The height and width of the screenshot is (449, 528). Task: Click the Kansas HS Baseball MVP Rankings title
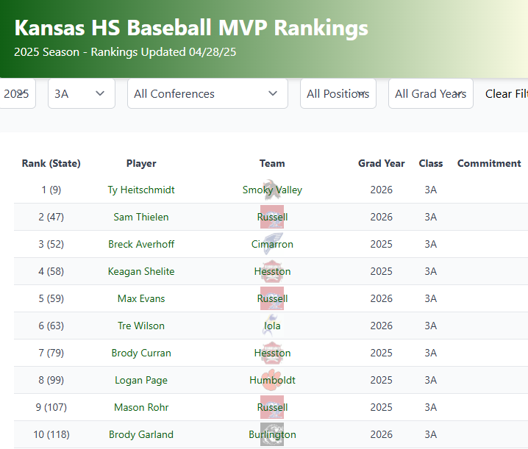pos(191,28)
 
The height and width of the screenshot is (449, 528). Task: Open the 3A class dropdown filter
pos(81,94)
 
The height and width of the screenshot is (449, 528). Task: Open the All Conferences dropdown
pos(207,94)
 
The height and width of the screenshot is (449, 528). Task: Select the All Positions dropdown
pos(338,94)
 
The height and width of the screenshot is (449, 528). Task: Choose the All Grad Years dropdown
pos(430,94)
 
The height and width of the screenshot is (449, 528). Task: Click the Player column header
pos(141,163)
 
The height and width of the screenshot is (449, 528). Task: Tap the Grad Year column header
pos(382,163)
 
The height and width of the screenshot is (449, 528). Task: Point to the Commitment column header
pos(489,163)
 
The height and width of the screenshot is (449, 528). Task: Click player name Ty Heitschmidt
pos(141,190)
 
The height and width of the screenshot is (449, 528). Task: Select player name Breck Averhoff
pos(141,244)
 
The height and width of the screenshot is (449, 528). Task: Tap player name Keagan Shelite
pos(141,271)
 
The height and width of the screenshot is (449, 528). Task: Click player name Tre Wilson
pos(141,326)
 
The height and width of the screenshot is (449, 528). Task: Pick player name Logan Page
pos(141,380)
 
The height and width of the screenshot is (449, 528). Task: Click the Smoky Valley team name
pos(272,190)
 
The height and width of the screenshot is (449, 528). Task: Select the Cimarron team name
pos(272,244)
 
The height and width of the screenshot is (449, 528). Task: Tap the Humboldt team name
pos(272,380)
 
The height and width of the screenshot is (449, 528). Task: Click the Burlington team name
pos(272,434)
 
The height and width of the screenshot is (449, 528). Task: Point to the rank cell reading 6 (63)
pos(51,326)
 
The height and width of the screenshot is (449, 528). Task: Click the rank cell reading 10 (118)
pos(51,434)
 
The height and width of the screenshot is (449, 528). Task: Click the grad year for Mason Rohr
pos(382,407)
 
